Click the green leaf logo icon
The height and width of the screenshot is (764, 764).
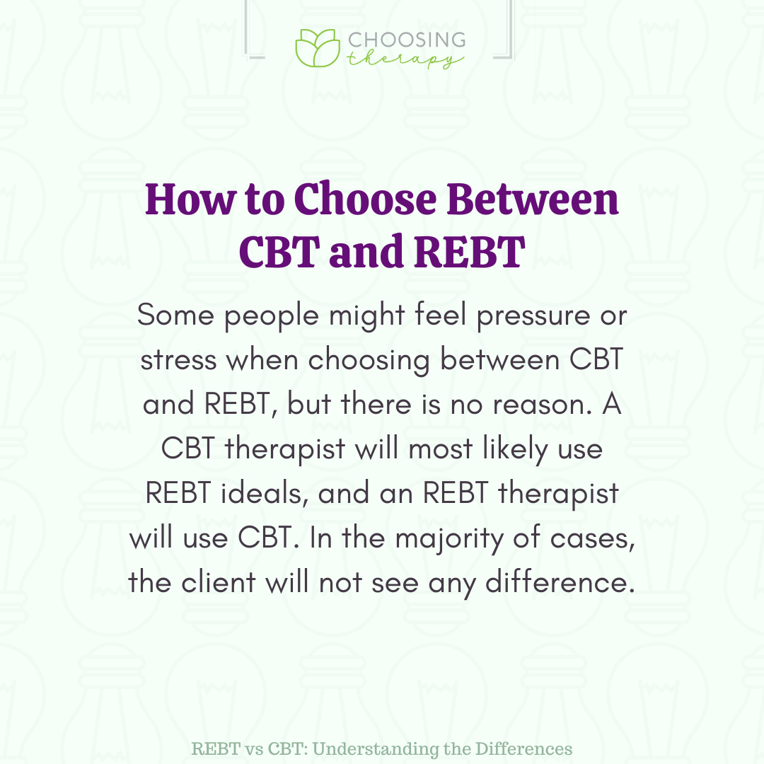tap(318, 48)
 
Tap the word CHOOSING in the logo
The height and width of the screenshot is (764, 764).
tap(407, 40)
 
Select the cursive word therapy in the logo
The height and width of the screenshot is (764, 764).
tap(405, 59)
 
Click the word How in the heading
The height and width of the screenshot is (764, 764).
tap(190, 199)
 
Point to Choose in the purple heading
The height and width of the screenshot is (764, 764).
tap(366, 199)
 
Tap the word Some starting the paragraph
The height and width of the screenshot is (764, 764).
tap(175, 316)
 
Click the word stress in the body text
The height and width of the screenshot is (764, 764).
tap(178, 361)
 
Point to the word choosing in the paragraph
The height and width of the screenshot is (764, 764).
tap(369, 361)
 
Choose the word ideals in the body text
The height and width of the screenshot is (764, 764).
tap(264, 493)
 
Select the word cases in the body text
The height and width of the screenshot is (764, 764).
tap(593, 539)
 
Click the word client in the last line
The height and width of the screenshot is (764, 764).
tap(219, 582)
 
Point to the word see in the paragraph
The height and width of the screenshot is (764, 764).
tap(395, 584)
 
